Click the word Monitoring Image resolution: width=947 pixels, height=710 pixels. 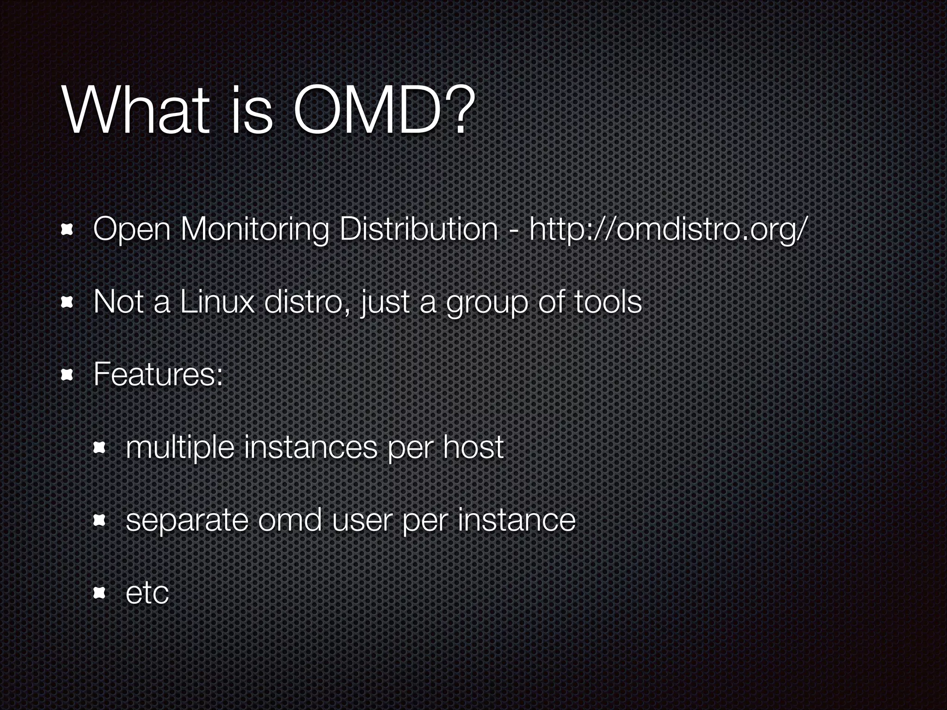(x=255, y=230)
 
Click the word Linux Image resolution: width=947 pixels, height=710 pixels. (x=217, y=302)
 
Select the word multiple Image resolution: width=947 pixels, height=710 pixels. (x=180, y=448)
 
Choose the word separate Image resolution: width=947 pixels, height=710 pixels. (x=187, y=520)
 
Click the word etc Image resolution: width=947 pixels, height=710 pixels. (x=147, y=593)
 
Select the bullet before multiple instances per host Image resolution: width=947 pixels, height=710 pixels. (x=100, y=447)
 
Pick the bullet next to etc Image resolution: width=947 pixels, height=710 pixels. (x=100, y=593)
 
